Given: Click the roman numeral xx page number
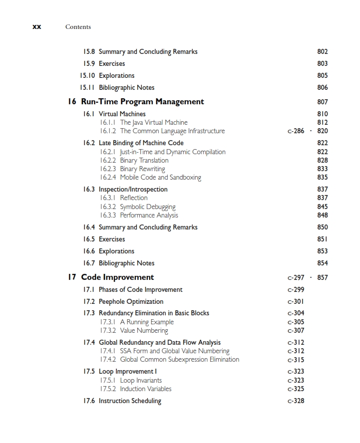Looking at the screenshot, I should click(x=36, y=27).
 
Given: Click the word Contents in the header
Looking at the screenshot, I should click(x=78, y=27).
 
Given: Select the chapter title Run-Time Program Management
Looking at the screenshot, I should click(x=142, y=102).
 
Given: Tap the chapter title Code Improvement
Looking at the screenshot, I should click(x=117, y=277).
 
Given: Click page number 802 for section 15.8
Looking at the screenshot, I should click(x=323, y=52).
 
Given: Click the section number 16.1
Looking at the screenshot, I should click(x=89, y=114).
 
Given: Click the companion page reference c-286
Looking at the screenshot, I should click(x=296, y=131).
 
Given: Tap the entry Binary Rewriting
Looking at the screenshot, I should click(x=142, y=169).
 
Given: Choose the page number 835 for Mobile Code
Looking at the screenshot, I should click(x=323, y=178).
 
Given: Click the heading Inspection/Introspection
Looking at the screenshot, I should click(x=133, y=190).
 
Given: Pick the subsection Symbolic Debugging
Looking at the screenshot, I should click(x=148, y=207).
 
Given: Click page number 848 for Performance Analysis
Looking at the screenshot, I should click(x=323, y=216).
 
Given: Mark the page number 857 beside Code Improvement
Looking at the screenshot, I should click(x=323, y=278).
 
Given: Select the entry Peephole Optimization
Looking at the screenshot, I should click(x=131, y=302).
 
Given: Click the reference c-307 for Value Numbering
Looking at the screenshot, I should click(x=296, y=331).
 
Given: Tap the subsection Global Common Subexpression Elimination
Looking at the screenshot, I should click(x=179, y=360).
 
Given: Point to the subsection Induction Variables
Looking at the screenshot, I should click(x=145, y=389).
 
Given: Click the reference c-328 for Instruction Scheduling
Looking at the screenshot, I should click(x=296, y=401).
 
